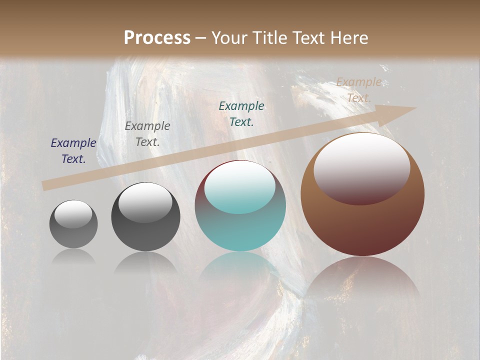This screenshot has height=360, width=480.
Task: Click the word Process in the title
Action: click(x=157, y=38)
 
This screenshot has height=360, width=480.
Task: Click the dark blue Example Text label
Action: click(x=73, y=151)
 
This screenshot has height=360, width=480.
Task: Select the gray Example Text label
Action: click(x=147, y=134)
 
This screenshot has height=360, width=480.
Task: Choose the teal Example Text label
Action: click(x=241, y=113)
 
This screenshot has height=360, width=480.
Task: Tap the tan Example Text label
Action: click(x=359, y=90)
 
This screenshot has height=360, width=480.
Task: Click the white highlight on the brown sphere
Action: click(x=361, y=167)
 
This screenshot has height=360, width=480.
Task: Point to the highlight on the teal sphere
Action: click(x=239, y=187)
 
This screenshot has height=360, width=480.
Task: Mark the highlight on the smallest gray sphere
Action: click(x=73, y=214)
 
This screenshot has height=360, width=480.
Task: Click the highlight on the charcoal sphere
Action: click(x=145, y=202)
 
